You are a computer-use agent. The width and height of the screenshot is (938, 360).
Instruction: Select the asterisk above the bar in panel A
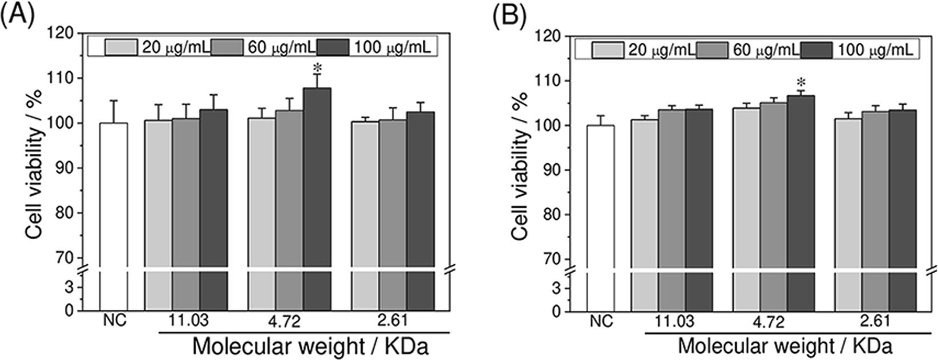coord(317,68)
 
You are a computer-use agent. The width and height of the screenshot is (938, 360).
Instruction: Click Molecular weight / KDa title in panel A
coord(310,346)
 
